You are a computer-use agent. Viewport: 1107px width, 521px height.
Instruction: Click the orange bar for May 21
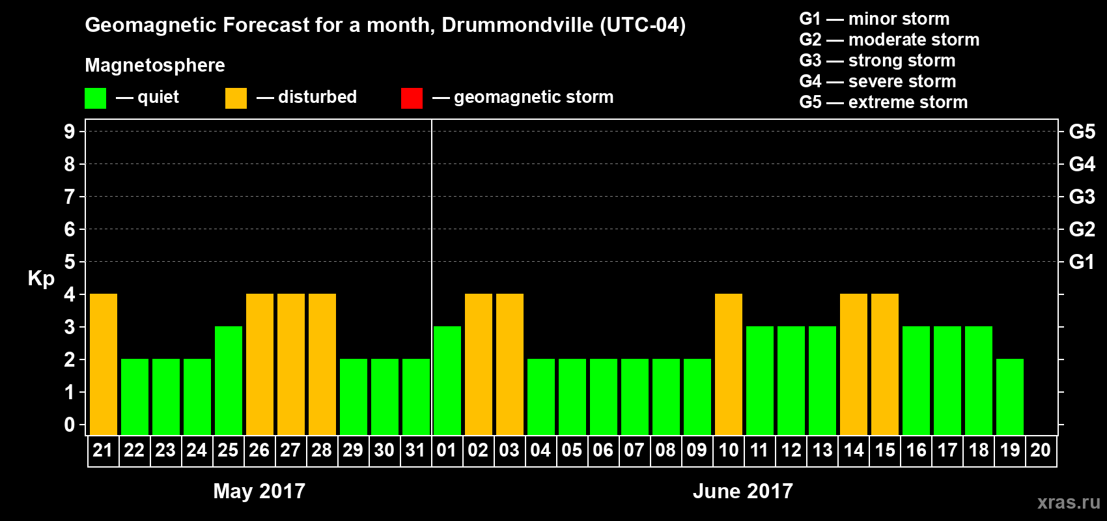click(104, 364)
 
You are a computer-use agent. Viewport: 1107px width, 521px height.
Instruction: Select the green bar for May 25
click(229, 380)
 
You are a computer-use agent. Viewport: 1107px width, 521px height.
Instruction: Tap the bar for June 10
click(729, 364)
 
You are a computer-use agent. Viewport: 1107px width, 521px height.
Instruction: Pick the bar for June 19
click(1010, 397)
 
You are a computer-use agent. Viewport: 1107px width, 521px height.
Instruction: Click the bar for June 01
click(447, 380)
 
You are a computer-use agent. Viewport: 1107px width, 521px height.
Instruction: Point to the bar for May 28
click(322, 364)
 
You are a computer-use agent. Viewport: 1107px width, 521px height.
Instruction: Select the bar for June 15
click(885, 364)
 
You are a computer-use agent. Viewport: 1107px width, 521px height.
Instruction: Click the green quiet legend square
click(96, 98)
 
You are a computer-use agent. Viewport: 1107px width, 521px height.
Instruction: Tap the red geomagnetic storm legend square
click(412, 98)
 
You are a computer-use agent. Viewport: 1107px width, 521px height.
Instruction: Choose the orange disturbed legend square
click(236, 98)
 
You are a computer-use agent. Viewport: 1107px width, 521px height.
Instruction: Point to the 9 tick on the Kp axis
click(70, 132)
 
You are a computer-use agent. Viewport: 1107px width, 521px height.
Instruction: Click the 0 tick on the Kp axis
click(70, 425)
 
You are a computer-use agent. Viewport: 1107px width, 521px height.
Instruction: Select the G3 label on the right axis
click(1082, 197)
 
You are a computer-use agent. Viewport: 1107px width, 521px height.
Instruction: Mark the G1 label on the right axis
click(1082, 262)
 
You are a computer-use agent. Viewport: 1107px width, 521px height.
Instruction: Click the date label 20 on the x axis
click(1041, 450)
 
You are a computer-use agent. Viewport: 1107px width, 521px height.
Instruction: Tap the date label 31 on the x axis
click(415, 450)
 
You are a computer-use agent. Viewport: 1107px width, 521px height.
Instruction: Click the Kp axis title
click(41, 279)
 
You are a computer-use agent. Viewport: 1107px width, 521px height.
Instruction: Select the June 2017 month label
click(743, 491)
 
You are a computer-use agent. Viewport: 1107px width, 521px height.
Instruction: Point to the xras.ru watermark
click(1069, 502)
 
